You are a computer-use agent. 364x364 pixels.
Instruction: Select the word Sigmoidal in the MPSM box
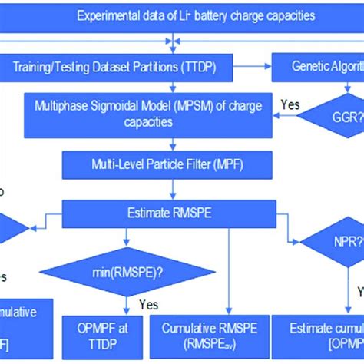(x=98, y=105)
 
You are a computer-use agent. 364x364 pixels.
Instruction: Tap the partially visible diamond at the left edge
(x=12, y=228)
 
